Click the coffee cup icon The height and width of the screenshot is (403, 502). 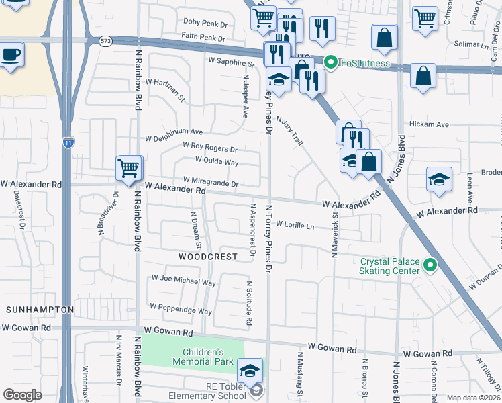click(11, 54)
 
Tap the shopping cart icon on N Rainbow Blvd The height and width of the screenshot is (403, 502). click(129, 168)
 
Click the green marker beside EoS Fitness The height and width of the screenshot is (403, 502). click(330, 63)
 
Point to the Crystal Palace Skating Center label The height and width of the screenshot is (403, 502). click(390, 266)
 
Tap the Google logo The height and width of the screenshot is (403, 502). click(23, 395)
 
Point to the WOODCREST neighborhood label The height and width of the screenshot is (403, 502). click(208, 257)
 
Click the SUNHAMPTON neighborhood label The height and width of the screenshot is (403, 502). click(40, 310)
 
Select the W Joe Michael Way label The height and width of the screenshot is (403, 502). click(183, 280)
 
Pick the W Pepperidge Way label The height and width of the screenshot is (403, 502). click(181, 309)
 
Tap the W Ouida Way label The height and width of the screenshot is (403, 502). click(216, 161)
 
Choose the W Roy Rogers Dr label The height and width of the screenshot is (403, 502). click(210, 147)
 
